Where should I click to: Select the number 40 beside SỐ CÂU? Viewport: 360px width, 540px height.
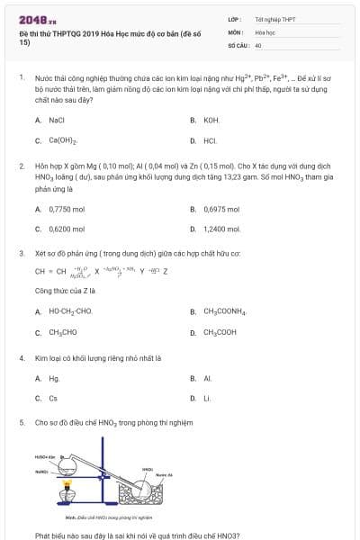(258, 44)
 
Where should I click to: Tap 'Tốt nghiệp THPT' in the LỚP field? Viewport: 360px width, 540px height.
(274, 18)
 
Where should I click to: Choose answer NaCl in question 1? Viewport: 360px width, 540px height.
(57, 120)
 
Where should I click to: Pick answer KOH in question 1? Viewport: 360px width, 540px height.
(211, 120)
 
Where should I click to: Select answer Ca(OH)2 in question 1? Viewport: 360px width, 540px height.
(63, 140)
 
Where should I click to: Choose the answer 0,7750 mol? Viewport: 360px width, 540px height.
(67, 209)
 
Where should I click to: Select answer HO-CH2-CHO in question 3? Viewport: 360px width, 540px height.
(71, 311)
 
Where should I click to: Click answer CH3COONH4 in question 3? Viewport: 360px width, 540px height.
(225, 311)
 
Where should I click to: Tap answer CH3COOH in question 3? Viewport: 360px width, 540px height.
(220, 332)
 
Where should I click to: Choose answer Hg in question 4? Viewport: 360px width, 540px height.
(54, 378)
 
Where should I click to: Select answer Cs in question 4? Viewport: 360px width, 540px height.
(53, 398)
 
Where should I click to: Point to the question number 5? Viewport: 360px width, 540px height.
(22, 421)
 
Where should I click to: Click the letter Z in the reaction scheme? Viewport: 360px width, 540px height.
(166, 270)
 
